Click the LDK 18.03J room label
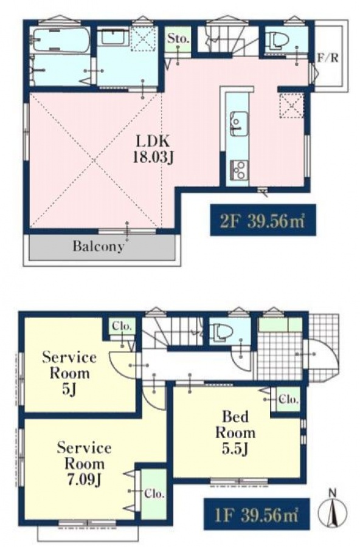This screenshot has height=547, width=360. tap(153, 149)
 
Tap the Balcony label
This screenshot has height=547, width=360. tap(98, 246)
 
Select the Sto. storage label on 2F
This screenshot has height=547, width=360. tap(178, 38)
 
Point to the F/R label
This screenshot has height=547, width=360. tap(328, 58)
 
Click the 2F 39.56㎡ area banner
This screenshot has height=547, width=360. tap(263, 221)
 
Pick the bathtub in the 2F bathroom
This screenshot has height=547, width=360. tap(61, 41)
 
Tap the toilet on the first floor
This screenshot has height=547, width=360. tap(220, 331)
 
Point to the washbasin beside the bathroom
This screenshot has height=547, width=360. tap(114, 36)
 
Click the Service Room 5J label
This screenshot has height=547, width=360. tap(69, 373)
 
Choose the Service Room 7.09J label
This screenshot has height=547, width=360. tap(84, 464)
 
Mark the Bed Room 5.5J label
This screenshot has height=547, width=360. tap(235, 433)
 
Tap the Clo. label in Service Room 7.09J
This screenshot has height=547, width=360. tap(154, 494)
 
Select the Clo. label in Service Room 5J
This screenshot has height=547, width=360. tap(122, 327)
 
